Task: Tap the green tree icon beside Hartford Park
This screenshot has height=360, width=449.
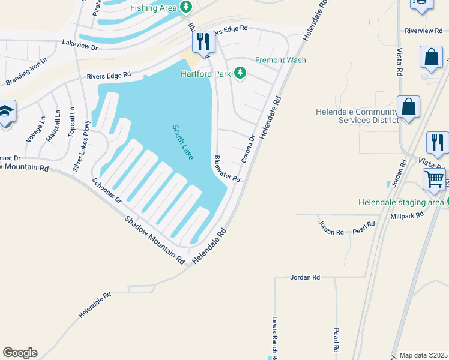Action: [240, 73]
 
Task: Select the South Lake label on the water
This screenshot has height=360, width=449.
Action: [183, 142]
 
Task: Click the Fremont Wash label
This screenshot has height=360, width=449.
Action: [280, 60]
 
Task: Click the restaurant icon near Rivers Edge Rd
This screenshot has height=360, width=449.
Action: [202, 41]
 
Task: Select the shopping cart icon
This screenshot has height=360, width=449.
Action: [435, 179]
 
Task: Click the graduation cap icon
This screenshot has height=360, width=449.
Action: [6, 112]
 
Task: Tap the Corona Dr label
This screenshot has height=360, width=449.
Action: [248, 149]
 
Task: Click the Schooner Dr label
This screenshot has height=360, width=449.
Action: [107, 190]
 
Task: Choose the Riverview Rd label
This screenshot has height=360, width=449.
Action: [423, 31]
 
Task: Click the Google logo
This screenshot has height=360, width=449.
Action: [20, 353]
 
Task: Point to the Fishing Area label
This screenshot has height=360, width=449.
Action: [154, 7]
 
